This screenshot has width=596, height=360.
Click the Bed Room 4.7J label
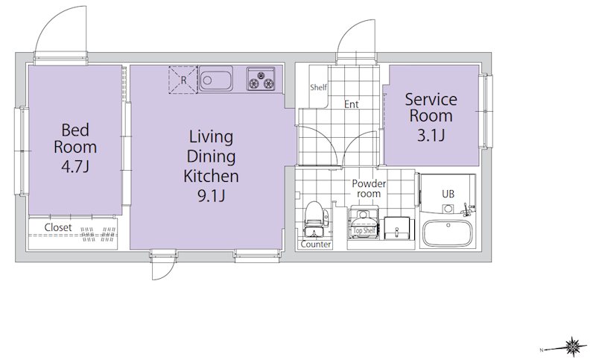(75, 148)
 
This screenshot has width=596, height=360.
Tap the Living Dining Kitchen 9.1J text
(211, 165)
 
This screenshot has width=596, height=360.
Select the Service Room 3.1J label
(431, 116)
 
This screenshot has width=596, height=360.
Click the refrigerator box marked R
(183, 80)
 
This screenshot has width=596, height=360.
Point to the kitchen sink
(215, 78)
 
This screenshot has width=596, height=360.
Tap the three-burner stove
(261, 79)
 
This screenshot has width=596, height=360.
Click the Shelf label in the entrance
(318, 87)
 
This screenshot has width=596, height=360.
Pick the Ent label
(351, 104)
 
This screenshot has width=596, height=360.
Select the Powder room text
(369, 189)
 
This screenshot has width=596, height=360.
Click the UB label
(448, 194)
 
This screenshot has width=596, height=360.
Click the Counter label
(315, 244)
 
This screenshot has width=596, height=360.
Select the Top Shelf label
(364, 230)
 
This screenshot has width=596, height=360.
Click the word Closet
(58, 227)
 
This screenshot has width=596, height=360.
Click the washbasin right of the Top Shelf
(397, 228)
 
